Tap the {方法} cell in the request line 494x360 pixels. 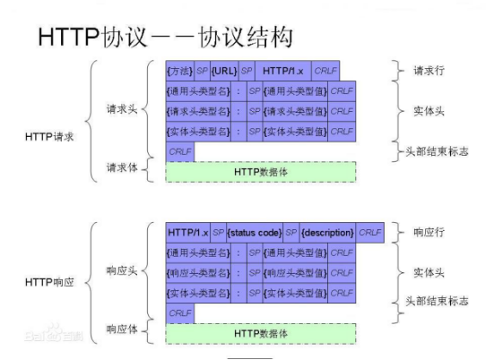click(x=180, y=70)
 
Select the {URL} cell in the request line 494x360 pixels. click(x=223, y=70)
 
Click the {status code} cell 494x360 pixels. click(x=255, y=233)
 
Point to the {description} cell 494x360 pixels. click(x=327, y=233)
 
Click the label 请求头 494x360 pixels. click(x=121, y=110)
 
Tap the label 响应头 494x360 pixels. click(x=121, y=270)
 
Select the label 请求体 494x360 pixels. click(x=121, y=167)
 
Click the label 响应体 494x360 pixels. click(x=121, y=329)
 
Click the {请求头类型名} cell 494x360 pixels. click(x=199, y=110)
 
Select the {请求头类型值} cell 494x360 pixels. click(x=295, y=110)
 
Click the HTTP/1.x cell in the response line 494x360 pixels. click(x=188, y=233)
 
